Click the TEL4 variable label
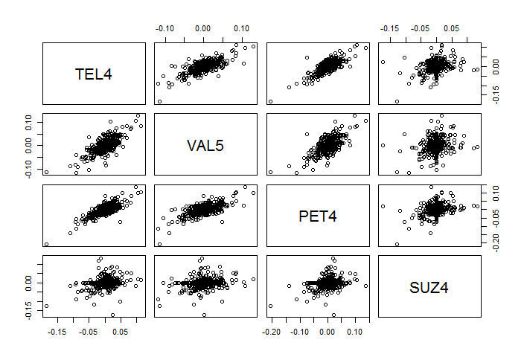94,74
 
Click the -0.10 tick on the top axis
165,28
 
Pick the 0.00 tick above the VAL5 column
203,28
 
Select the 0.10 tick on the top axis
241,28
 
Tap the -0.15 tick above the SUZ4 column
389,28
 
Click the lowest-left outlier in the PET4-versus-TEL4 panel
47,244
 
